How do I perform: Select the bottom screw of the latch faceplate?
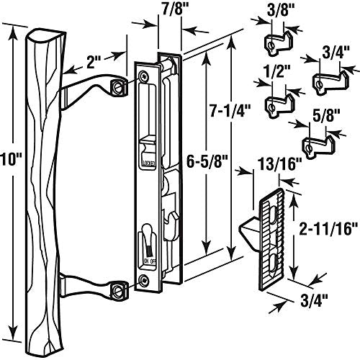click(x=146, y=279)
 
